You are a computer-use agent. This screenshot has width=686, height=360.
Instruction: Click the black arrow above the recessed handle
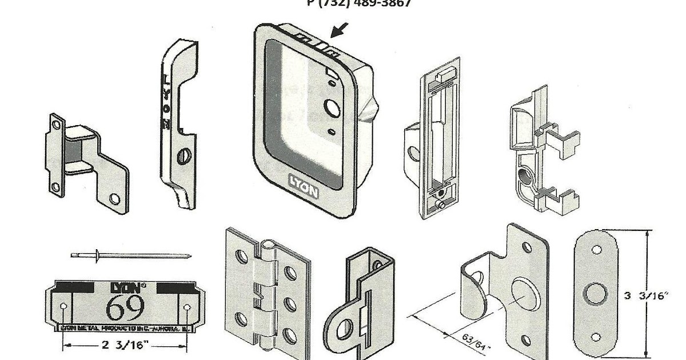[x=338, y=30]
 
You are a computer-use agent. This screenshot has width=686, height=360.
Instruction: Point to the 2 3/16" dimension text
[x=125, y=345]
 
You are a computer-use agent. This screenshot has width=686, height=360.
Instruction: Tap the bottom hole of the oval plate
[x=596, y=337]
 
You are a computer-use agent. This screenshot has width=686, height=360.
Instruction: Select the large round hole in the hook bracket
[x=524, y=294]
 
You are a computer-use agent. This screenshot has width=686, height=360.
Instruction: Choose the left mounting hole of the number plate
[x=63, y=307]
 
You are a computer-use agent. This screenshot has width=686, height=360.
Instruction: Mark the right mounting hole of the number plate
[x=187, y=307]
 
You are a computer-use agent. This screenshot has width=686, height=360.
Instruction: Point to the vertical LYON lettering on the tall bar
[x=166, y=103]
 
